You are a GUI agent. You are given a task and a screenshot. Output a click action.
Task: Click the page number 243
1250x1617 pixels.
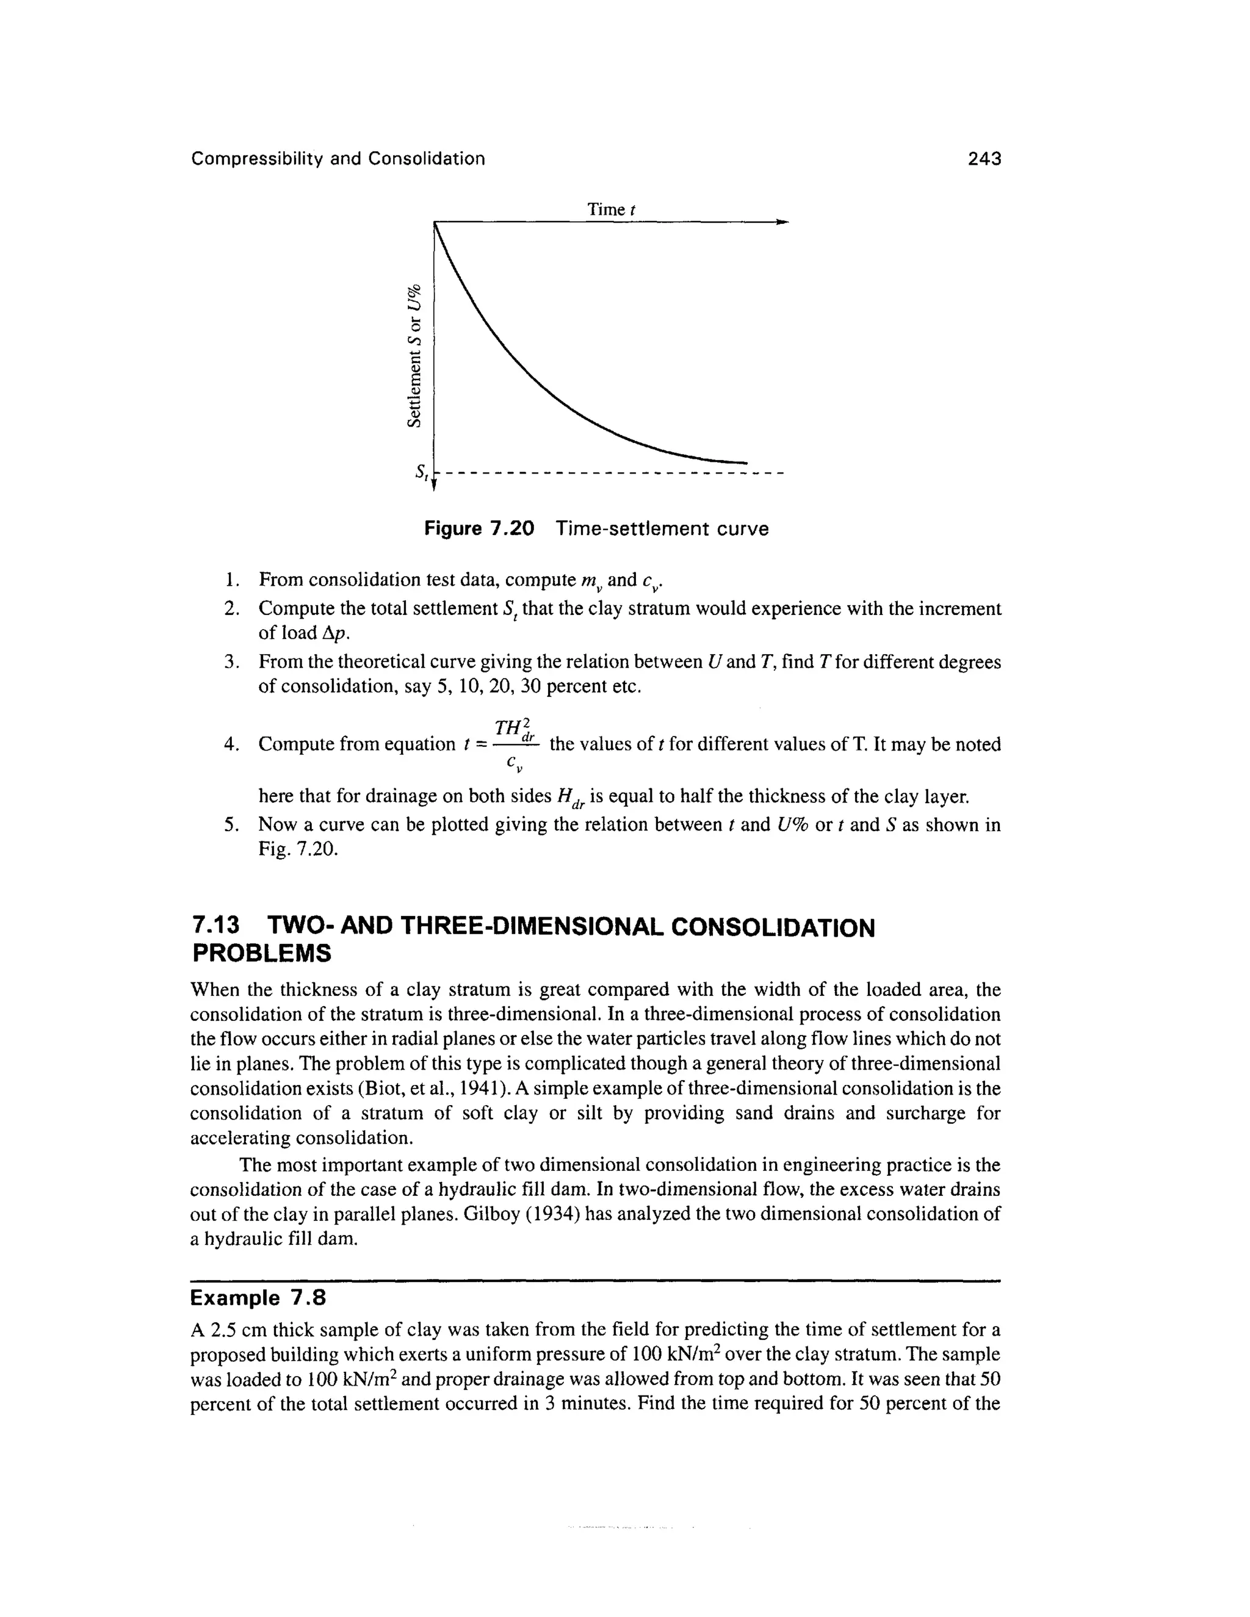point(983,159)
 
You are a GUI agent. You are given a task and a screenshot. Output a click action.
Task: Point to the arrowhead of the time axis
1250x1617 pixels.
point(782,221)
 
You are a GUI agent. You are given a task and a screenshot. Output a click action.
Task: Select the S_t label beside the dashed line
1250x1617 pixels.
point(421,472)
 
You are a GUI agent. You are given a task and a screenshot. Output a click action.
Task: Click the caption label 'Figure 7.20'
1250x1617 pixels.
point(479,528)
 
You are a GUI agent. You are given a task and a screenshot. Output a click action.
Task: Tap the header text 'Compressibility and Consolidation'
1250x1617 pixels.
point(338,159)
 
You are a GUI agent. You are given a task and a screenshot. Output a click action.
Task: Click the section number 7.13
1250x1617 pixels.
point(216,927)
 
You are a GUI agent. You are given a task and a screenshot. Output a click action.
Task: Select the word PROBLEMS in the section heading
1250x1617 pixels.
point(261,954)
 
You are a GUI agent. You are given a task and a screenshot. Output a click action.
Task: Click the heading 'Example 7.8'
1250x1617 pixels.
point(258,1298)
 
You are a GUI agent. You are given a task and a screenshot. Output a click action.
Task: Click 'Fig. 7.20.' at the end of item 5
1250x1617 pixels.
point(298,849)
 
